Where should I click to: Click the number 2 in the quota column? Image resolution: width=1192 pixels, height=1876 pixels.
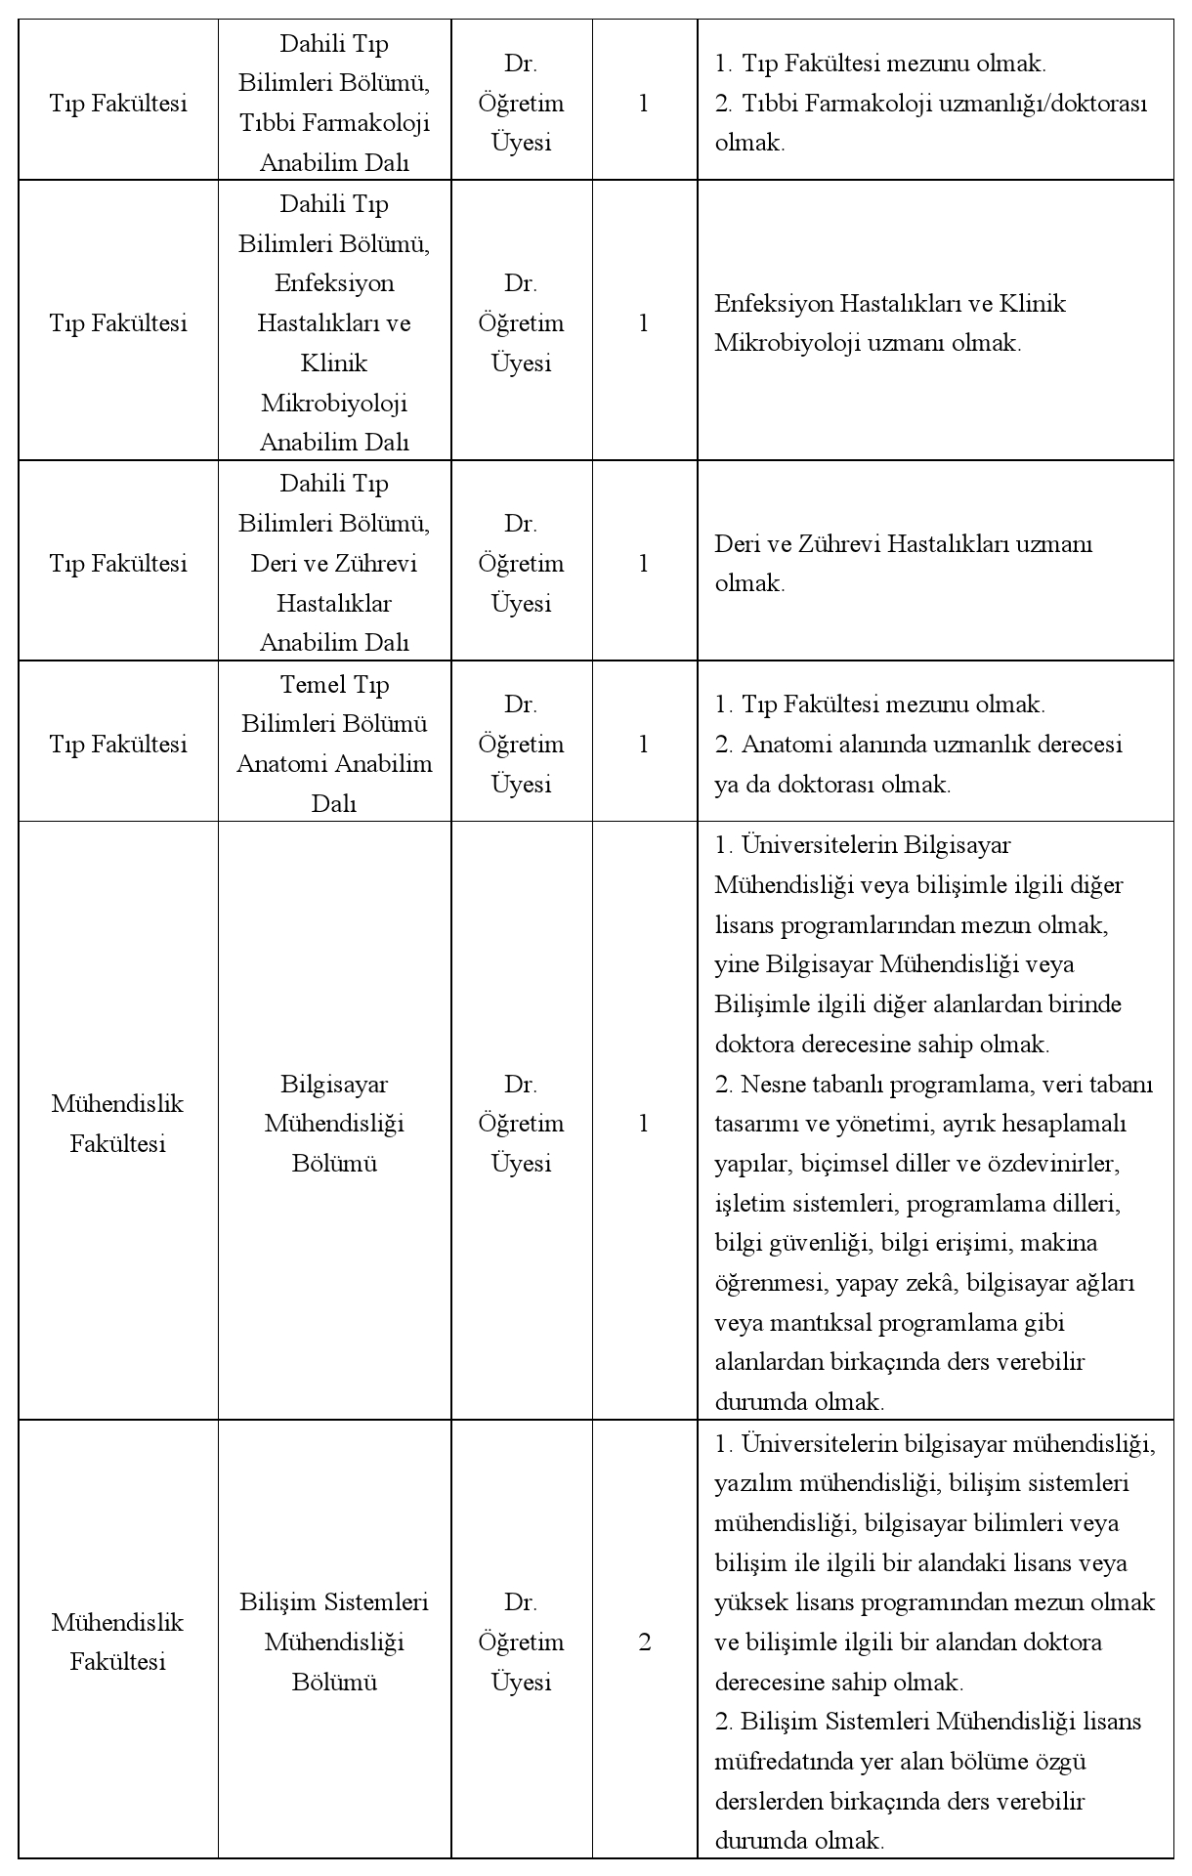coord(644,1642)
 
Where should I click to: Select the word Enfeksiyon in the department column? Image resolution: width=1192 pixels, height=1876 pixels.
coord(334,283)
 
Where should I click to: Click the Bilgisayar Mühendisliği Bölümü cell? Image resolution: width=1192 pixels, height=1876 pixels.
coord(334,1124)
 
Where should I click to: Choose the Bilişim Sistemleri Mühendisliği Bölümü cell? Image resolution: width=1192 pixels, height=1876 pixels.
coord(334,1642)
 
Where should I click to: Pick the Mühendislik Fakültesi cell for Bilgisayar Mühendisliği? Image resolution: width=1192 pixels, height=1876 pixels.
coord(117,1124)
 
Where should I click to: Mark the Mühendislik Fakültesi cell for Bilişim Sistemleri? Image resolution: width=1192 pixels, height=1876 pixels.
coord(117,1642)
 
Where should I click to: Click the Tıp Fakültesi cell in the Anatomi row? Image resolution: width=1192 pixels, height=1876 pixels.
coord(117,745)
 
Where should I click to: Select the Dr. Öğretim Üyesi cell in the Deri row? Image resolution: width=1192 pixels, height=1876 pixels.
coord(521,564)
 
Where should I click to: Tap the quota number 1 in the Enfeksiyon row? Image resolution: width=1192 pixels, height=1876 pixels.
coord(643,323)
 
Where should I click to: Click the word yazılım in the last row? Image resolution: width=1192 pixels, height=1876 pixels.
coord(753,1483)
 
